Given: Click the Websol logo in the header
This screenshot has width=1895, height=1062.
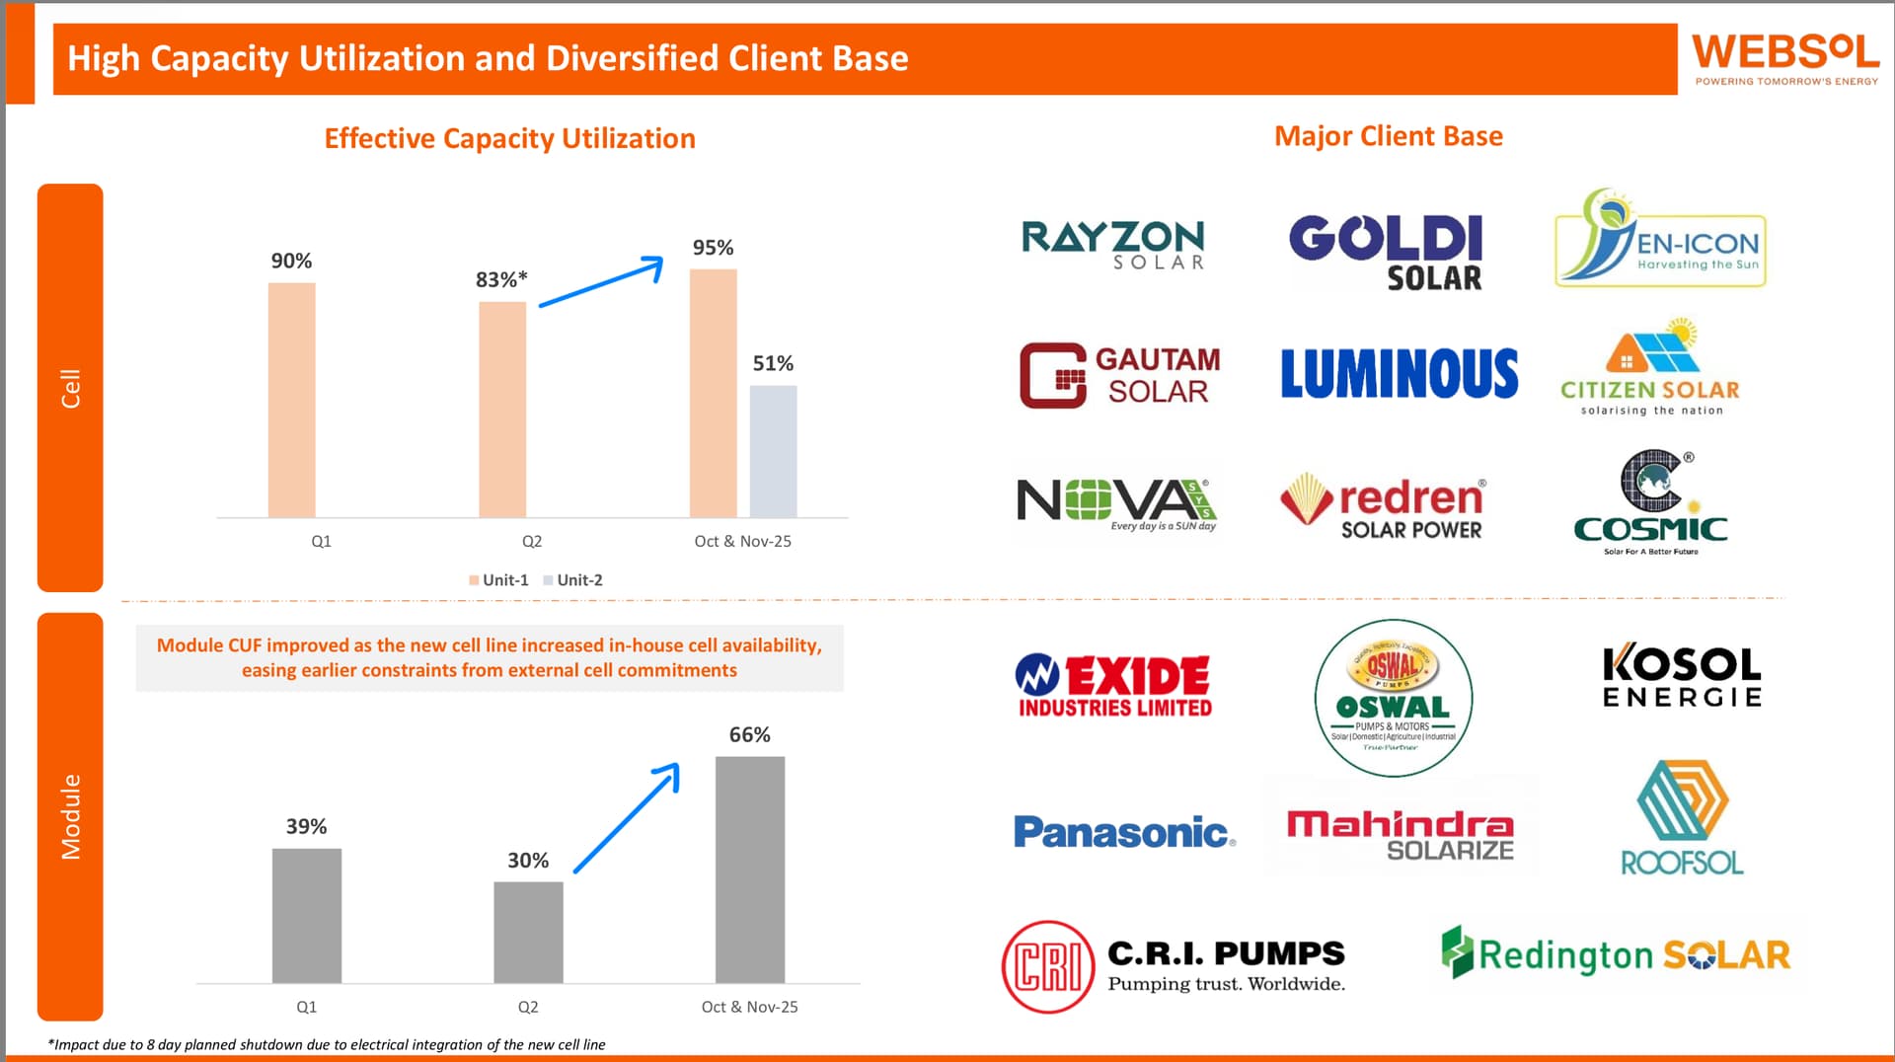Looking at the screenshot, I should (x=1784, y=57).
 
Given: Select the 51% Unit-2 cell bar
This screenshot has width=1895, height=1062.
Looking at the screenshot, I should (x=773, y=451).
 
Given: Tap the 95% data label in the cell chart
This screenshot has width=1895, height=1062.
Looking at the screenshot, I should (x=713, y=248).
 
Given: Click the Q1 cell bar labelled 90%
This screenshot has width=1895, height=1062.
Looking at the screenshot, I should (x=292, y=400).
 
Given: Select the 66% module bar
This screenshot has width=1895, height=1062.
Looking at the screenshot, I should (x=750, y=869).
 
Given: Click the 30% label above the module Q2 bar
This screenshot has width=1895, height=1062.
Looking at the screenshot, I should (x=528, y=861).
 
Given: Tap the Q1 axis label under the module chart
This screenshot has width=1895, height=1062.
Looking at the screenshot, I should (x=307, y=1007).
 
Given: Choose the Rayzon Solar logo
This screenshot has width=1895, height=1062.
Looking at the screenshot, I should (x=1112, y=244).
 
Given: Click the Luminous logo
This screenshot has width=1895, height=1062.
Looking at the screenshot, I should (x=1399, y=373).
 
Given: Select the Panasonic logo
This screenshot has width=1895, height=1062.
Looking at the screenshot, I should (x=1123, y=832).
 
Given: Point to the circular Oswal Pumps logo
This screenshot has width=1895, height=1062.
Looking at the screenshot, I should (x=1393, y=698).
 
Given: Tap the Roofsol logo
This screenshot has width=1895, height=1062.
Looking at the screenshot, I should (x=1682, y=818).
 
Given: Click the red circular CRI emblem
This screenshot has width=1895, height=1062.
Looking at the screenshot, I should (x=1048, y=967).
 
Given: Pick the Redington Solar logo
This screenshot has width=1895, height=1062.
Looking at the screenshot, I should (x=1616, y=954).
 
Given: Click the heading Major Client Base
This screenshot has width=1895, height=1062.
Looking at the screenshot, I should (x=1388, y=136).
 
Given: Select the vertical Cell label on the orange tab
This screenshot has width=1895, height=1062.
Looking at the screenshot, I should (x=70, y=388).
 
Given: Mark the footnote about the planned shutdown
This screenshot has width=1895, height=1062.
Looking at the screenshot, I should (x=327, y=1044).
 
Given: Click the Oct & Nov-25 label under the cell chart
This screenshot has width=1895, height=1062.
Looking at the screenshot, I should (x=742, y=541).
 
